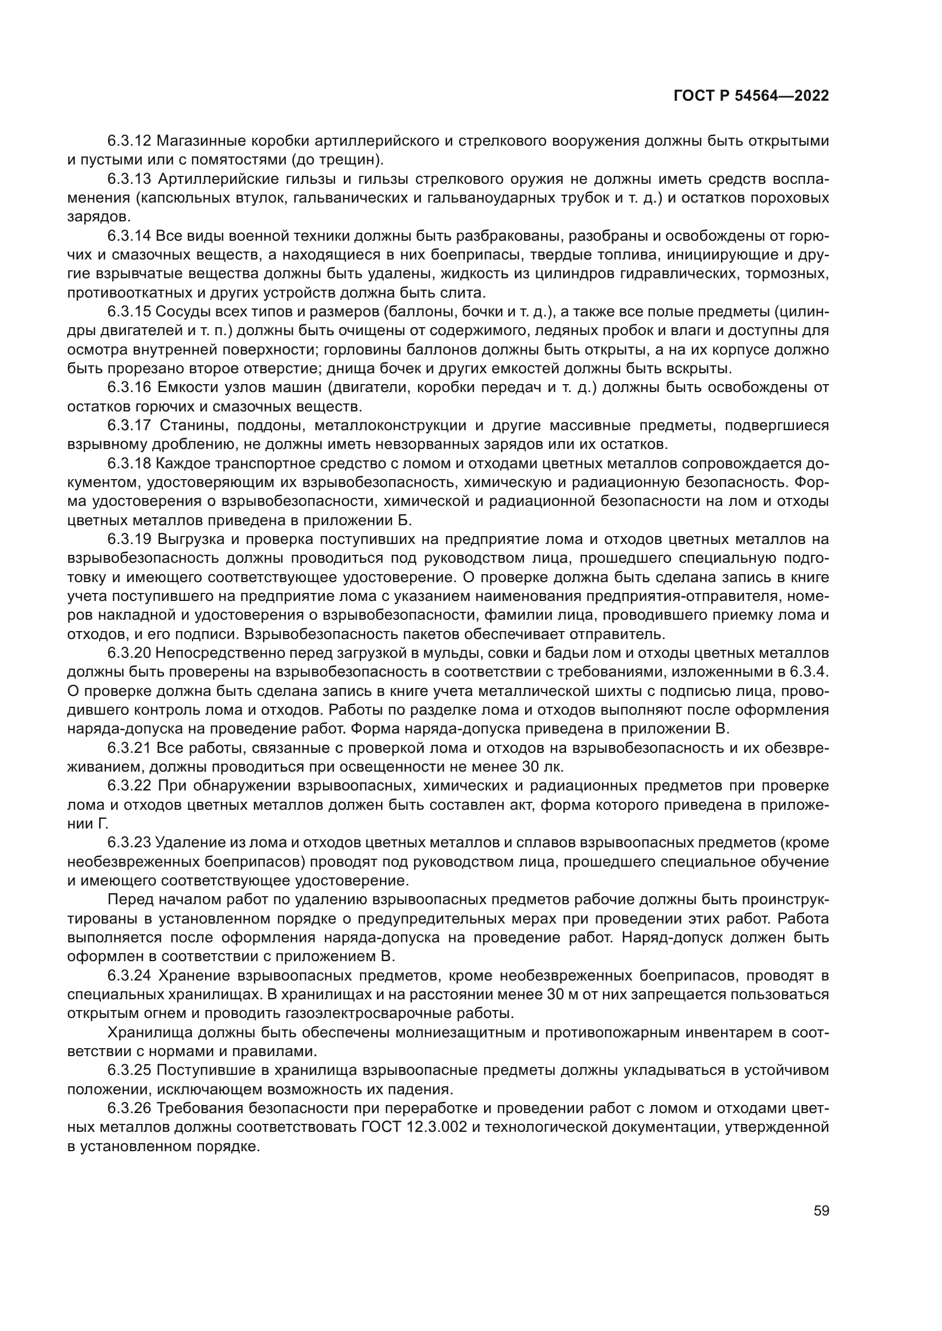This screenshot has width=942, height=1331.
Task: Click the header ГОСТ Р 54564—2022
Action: pos(751,96)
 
